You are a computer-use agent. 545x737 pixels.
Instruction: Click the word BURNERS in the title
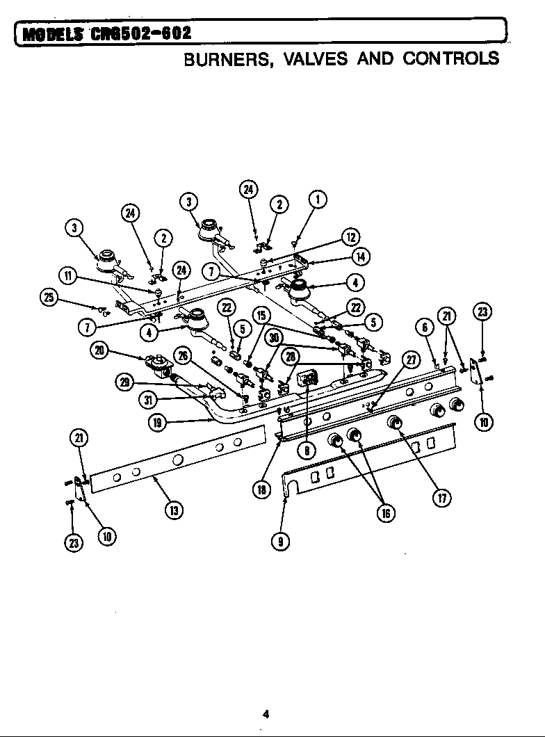(x=222, y=58)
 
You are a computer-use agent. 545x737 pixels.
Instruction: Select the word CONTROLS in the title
(x=450, y=58)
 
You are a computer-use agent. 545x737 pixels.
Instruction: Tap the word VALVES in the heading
(x=310, y=58)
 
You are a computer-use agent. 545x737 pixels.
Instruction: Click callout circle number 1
(x=317, y=200)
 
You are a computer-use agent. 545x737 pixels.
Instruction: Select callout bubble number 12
(x=350, y=237)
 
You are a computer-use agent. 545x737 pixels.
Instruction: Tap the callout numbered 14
(x=361, y=257)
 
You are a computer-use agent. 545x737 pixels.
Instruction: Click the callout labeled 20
(x=100, y=351)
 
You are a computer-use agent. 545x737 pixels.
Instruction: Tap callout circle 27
(x=411, y=359)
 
